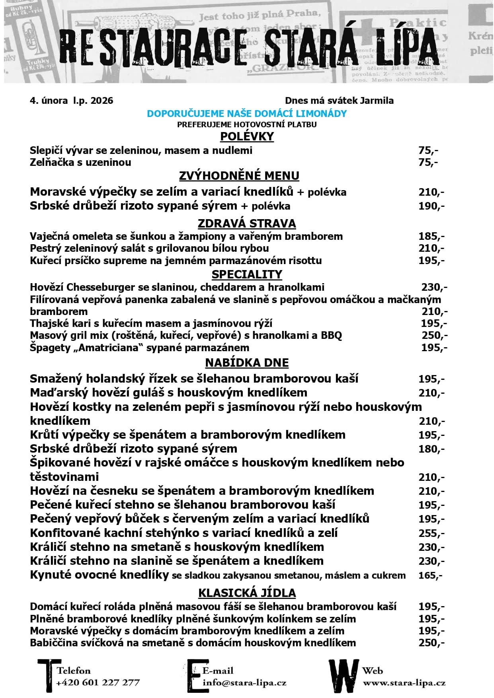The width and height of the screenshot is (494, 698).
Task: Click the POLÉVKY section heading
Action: (x=247, y=136)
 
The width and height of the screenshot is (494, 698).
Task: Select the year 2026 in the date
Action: (x=102, y=101)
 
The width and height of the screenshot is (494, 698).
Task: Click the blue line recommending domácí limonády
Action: (x=247, y=114)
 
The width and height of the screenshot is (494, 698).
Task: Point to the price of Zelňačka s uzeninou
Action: (x=428, y=162)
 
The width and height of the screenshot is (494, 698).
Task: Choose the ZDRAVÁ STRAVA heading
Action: (x=247, y=224)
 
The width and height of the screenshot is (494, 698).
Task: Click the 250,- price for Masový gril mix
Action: (x=434, y=336)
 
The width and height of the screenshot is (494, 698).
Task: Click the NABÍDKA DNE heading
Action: (x=247, y=363)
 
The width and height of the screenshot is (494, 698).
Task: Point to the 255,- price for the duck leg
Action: (x=431, y=533)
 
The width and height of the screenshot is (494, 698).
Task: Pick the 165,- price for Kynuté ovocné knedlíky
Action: (x=430, y=576)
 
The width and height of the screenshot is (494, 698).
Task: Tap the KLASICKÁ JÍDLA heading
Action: (x=247, y=593)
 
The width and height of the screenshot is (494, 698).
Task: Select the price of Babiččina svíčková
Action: (x=431, y=643)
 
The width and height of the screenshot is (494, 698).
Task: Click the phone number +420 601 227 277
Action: (x=98, y=683)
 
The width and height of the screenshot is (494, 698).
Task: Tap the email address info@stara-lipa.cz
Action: (x=244, y=683)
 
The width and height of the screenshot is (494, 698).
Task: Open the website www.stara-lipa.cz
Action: (x=404, y=683)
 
